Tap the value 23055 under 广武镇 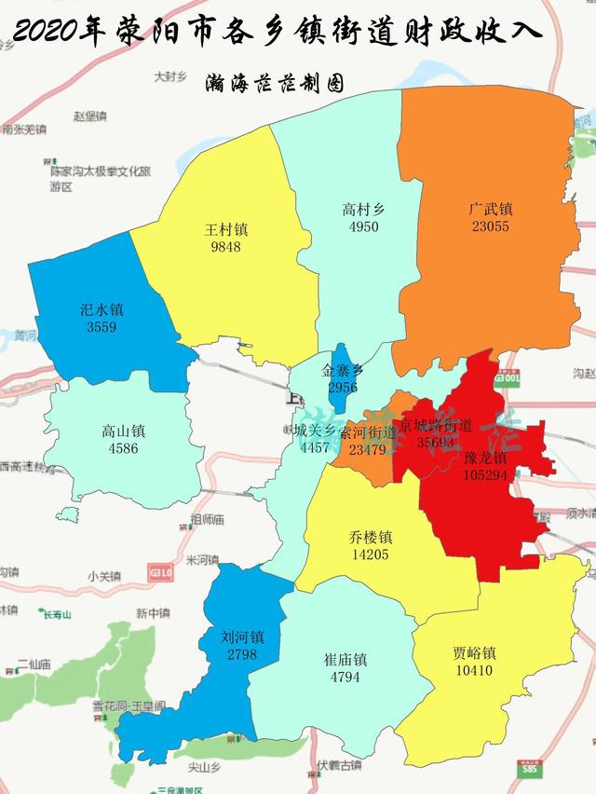click(x=490, y=226)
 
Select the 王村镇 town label click(x=226, y=230)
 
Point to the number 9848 click(x=226, y=247)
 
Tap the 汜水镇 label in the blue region click(x=102, y=310)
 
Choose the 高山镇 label click(x=123, y=431)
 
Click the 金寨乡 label click(x=343, y=370)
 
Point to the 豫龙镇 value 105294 click(x=485, y=475)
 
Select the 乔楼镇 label click(x=370, y=538)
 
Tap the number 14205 click(x=370, y=554)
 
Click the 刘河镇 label click(x=243, y=639)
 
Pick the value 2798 click(x=243, y=656)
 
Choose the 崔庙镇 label click(x=345, y=660)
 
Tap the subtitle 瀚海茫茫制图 click(x=276, y=83)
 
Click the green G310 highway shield click(x=160, y=570)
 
